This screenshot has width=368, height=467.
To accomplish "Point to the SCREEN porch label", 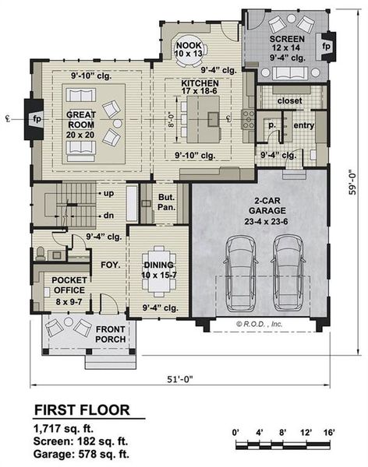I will tap(286, 39).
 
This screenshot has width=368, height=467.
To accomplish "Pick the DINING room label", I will tap(157, 265).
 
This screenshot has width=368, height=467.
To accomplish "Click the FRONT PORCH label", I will tap(111, 334).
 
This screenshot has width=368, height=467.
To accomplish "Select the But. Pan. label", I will tap(165, 202).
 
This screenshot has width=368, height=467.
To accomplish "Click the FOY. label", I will tap(108, 264).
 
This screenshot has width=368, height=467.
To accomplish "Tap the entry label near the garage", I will tap(303, 125).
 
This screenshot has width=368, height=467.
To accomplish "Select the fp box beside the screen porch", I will tap(327, 46).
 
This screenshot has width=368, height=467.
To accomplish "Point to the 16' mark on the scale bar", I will tap(328, 430).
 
